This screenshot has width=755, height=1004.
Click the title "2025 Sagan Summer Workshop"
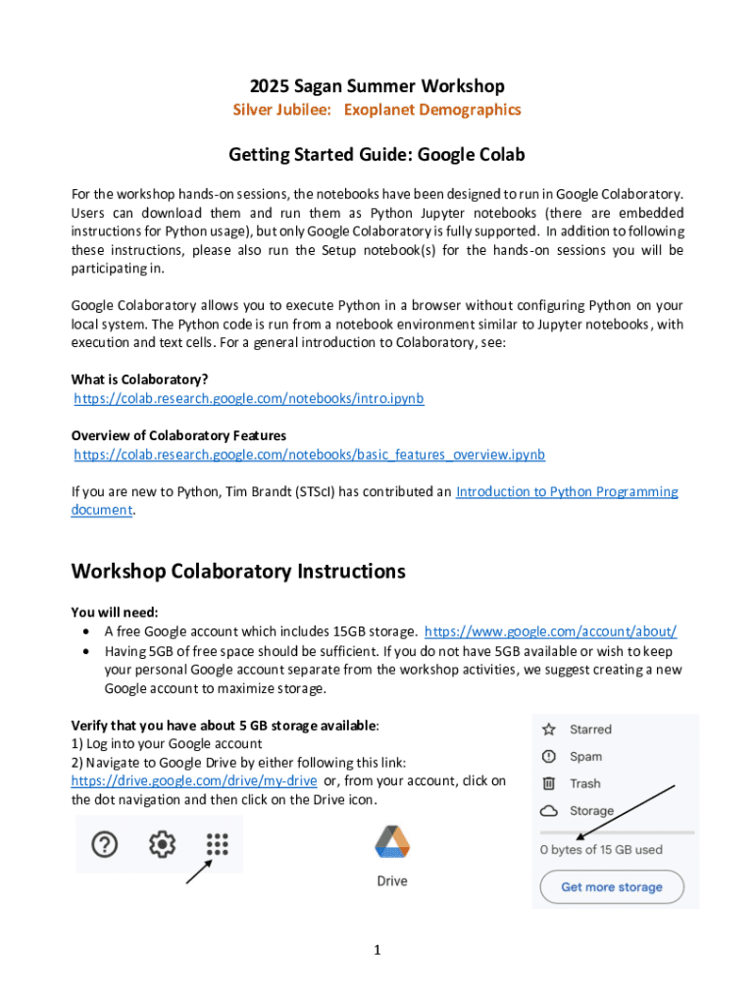[377, 86]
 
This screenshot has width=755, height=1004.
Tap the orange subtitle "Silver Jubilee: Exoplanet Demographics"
[377, 110]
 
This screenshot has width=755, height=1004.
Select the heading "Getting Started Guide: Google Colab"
[377, 154]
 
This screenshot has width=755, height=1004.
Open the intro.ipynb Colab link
[249, 399]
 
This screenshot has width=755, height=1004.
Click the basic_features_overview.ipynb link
[310, 455]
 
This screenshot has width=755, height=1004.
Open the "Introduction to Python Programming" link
[567, 492]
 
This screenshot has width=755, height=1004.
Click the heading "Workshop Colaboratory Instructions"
[238, 571]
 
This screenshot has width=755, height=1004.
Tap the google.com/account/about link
[551, 631]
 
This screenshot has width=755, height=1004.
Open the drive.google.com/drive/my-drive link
[194, 780]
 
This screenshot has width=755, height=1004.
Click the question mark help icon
[105, 843]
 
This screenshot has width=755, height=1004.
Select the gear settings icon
[161, 843]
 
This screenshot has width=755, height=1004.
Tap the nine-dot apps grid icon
[217, 843]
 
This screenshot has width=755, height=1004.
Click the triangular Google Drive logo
[392, 843]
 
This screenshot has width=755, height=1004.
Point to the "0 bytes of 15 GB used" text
[601, 850]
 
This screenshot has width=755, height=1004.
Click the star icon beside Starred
[549, 729]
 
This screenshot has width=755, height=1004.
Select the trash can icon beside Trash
[549, 783]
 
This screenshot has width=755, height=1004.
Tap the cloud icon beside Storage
[549, 811]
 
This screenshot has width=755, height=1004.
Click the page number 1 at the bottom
[377, 950]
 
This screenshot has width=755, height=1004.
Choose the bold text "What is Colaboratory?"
[139, 379]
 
